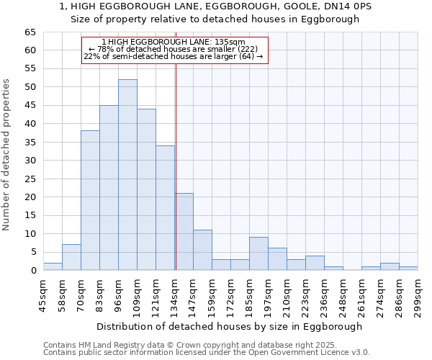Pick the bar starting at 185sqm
coord(258,253)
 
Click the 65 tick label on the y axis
coord(30,32)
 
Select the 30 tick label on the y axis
coord(30,161)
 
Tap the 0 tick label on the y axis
coord(33,271)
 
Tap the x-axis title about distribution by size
coord(229,326)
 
